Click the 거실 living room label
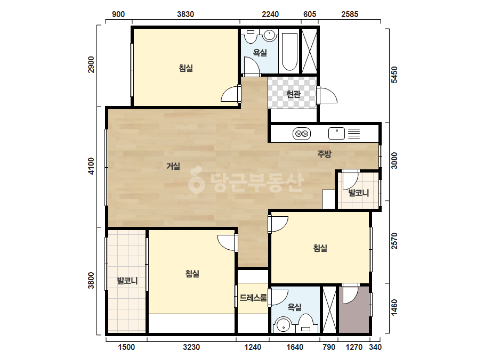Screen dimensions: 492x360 [173, 166]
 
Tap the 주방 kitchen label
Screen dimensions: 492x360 [324, 154]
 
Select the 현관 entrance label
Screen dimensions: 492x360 [293, 94]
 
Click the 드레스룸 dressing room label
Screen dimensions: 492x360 [253, 298]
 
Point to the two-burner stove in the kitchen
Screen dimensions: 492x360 [302, 134]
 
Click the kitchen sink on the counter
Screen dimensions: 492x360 [336, 134]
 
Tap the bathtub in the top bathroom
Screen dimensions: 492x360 [289, 52]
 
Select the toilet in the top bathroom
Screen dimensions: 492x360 [251, 36]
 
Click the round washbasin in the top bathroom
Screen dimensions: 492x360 [270, 35]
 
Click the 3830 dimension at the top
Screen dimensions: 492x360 [185, 14]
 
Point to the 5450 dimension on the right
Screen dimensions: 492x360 [394, 75]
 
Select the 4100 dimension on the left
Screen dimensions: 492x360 [91, 166]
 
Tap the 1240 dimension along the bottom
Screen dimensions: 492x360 [253, 347]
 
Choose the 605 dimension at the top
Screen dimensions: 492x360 [310, 14]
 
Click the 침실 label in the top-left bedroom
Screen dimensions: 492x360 [185, 68]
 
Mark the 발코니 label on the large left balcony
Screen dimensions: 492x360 [127, 280]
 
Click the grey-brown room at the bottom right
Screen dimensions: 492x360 [354, 309]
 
